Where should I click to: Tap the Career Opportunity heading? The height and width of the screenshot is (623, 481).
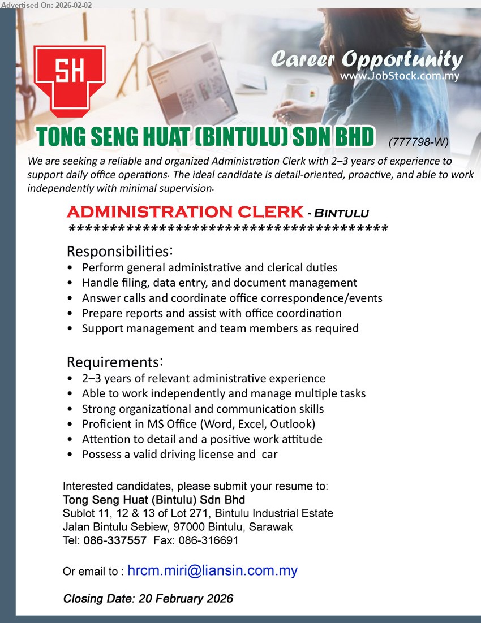click(x=366, y=59)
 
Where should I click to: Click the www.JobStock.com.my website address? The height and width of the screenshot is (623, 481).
click(x=400, y=75)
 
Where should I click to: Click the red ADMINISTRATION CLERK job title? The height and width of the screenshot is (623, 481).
click(x=184, y=213)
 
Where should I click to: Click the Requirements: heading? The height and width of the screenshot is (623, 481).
click(x=115, y=361)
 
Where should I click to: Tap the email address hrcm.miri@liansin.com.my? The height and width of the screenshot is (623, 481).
click(x=212, y=571)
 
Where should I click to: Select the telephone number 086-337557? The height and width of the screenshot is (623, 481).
click(x=115, y=540)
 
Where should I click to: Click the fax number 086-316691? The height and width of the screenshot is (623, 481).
click(x=208, y=540)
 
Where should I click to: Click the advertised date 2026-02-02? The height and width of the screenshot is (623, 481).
click(x=69, y=5)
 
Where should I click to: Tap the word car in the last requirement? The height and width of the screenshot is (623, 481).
click(x=269, y=454)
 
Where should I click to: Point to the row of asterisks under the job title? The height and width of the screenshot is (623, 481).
click(x=227, y=230)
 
